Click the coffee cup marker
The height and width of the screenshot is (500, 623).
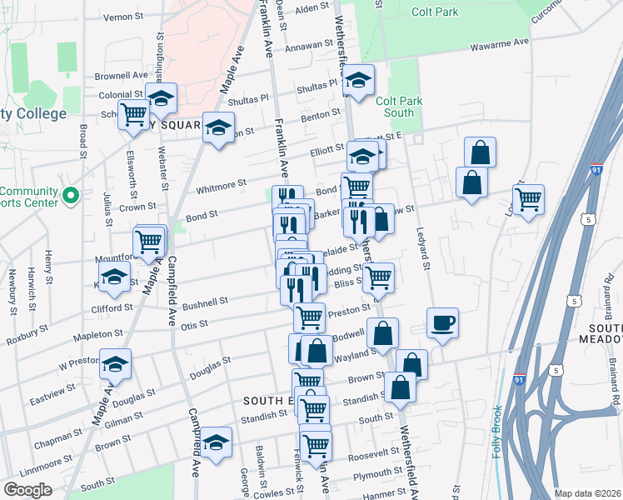pos(442,322)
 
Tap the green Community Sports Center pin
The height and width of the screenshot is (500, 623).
pos(71,197)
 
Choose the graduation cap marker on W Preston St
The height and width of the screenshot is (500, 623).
pos(116,364)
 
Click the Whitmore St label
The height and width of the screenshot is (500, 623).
pos(221,185)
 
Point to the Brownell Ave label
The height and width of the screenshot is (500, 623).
pos(120,75)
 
